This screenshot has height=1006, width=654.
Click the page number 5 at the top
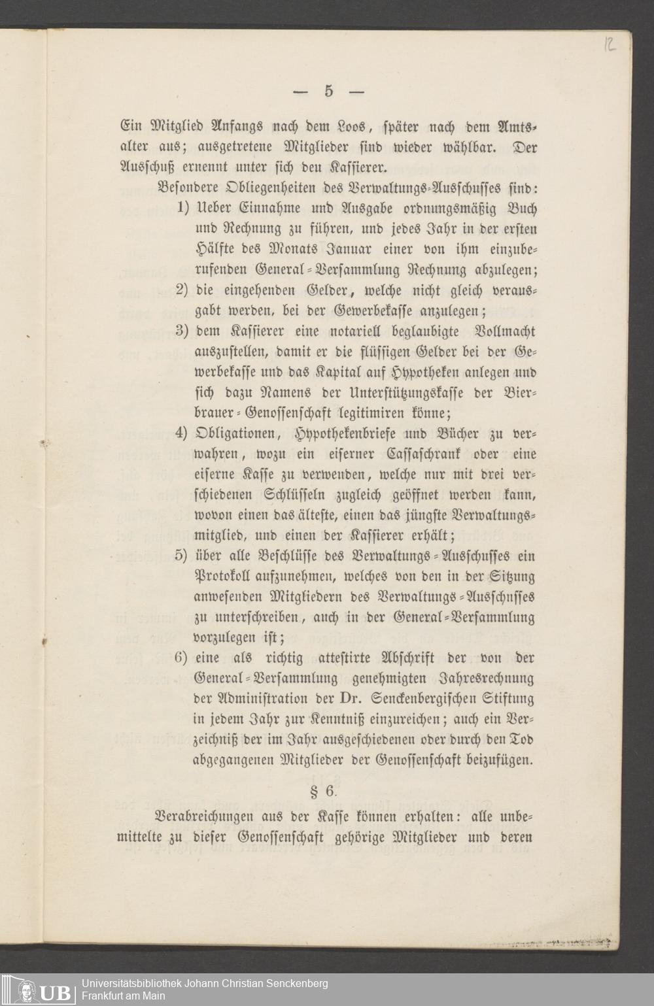[328, 91]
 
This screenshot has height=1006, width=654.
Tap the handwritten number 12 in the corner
[610, 44]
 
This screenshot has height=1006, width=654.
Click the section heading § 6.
[322, 791]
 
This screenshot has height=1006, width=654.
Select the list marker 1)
[182, 209]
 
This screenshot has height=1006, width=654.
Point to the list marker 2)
[182, 290]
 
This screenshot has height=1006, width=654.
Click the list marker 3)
[182, 331]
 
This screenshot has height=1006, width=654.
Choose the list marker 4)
[182, 433]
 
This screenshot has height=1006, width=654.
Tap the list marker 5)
[182, 556]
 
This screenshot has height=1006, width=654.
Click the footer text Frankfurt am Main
[123, 996]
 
